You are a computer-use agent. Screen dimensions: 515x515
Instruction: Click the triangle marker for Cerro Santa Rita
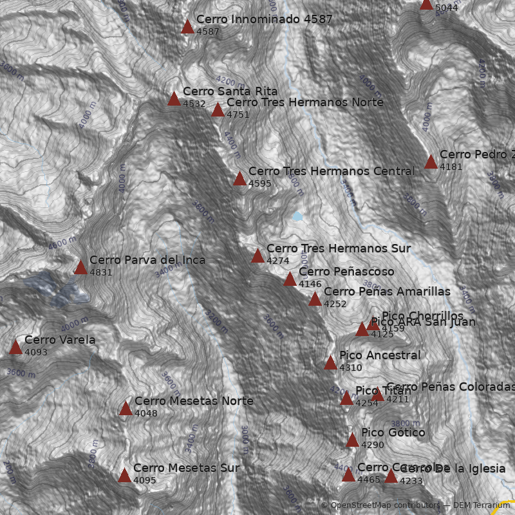174,98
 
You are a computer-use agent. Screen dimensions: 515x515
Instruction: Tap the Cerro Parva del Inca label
147,260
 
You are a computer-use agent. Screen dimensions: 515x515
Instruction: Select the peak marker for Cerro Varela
15,348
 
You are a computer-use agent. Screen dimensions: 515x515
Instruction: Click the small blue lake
296,216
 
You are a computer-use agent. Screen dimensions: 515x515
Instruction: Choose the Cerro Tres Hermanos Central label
332,171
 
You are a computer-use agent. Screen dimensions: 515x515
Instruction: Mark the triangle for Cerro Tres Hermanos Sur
257,256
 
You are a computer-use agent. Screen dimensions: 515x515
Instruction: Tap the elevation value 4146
310,284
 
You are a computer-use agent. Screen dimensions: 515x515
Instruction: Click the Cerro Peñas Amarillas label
387,292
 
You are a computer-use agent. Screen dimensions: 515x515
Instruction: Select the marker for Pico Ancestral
330,363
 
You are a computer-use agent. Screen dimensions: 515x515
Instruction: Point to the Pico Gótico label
393,433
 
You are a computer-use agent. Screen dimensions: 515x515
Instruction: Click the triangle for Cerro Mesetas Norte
126,408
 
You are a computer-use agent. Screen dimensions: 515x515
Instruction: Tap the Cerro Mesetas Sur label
186,468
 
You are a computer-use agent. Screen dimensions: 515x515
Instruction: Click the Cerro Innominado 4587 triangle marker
187,27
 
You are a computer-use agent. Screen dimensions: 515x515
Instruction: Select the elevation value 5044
446,8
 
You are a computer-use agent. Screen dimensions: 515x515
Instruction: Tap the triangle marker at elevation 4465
348,475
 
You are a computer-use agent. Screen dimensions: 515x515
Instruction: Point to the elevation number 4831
101,272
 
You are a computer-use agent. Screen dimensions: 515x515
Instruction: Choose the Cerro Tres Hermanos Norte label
304,102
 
